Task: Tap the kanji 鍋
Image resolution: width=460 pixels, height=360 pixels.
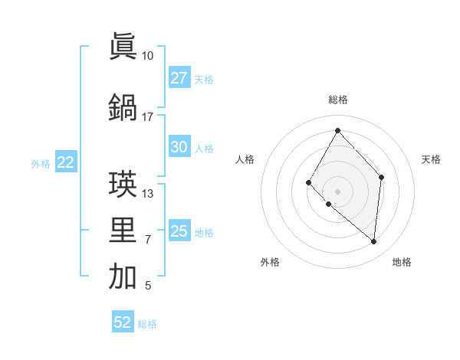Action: coord(123,107)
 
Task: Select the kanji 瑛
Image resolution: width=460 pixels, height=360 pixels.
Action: coord(123,184)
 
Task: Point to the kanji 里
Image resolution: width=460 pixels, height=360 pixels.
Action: coord(123,231)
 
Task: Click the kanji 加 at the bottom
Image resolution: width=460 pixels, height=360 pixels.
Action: coord(123,277)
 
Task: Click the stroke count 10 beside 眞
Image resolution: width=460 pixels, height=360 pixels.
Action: coord(147,56)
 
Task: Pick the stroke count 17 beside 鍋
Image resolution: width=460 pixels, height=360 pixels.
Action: coord(147,117)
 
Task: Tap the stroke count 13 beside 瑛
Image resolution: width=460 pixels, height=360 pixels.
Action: coord(147,194)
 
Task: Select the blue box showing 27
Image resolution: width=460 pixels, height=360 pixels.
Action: coord(179,78)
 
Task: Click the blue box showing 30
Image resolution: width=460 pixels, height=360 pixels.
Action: coord(179,147)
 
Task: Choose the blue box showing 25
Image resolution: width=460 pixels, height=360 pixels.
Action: coord(179,231)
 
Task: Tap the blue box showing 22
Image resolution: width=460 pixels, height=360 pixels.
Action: coord(65,162)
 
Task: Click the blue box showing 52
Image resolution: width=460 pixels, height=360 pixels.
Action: coord(123,322)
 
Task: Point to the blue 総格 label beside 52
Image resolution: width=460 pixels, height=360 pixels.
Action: coord(148,324)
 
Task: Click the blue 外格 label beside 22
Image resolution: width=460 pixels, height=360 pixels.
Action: coord(41,163)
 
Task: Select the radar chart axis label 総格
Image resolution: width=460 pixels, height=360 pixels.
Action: coord(337,100)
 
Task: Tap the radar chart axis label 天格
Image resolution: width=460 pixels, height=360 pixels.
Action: coord(431,159)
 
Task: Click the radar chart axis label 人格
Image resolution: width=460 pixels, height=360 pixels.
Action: coord(245,159)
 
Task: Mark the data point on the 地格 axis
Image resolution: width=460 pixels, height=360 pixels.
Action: coord(373,241)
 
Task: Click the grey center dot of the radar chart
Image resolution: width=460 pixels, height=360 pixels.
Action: coord(337,191)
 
